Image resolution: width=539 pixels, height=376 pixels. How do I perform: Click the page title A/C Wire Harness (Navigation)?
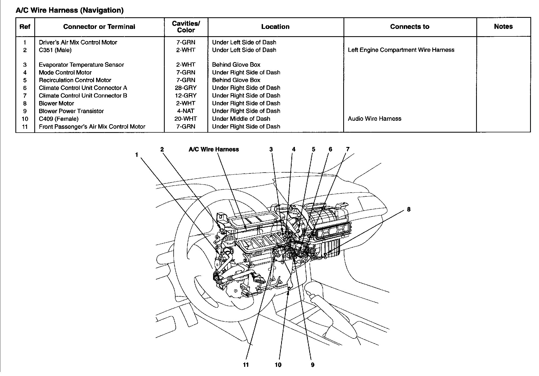(x=69, y=10)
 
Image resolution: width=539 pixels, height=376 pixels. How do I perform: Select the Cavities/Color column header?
(x=186, y=27)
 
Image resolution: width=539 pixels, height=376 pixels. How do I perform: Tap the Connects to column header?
(x=409, y=26)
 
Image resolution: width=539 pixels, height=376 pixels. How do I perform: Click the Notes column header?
(x=503, y=26)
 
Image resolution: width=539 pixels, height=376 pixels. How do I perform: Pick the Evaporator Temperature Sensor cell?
(x=81, y=65)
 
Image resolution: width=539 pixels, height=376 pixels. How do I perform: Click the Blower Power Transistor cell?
(x=71, y=111)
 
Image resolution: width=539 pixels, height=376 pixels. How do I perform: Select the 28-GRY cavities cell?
(x=186, y=88)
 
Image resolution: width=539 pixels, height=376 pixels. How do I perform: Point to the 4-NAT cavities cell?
(x=186, y=111)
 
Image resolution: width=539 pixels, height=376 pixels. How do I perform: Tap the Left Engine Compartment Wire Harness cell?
(x=401, y=50)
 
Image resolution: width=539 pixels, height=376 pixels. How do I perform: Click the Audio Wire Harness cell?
(x=374, y=119)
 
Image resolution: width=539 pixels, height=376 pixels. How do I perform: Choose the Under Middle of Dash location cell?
(x=241, y=119)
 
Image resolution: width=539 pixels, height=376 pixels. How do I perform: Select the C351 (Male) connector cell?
(x=55, y=50)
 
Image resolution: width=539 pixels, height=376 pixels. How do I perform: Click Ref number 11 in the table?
(x=25, y=127)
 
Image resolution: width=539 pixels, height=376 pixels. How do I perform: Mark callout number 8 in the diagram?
(x=409, y=209)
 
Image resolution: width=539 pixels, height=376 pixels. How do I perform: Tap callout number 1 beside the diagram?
(x=137, y=155)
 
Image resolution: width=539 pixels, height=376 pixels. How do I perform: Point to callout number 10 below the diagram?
(x=278, y=365)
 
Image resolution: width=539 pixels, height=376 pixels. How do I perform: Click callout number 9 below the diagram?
(x=312, y=365)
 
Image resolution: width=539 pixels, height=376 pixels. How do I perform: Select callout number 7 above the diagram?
(x=348, y=149)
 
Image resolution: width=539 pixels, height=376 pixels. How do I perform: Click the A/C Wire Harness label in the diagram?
(x=214, y=149)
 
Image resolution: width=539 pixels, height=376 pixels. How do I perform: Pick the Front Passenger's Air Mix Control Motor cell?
(x=92, y=127)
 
